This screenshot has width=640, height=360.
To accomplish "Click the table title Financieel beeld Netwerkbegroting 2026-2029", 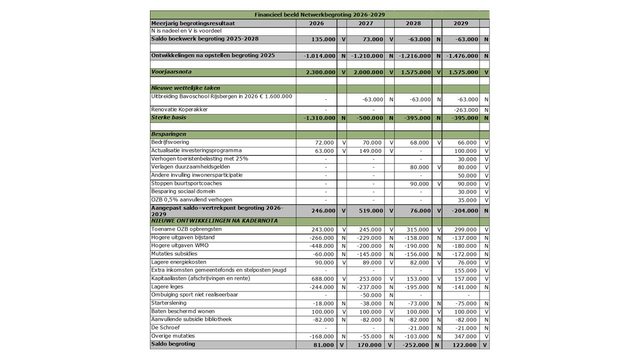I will [x=319, y=15].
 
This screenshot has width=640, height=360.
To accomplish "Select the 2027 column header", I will [x=365, y=23].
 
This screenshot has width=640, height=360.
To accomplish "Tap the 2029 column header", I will [x=460, y=23].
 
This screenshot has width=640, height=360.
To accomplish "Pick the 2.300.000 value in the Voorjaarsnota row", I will [x=320, y=72].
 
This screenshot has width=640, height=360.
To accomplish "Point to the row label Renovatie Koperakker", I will [x=179, y=109].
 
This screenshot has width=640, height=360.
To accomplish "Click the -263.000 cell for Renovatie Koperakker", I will [x=465, y=110].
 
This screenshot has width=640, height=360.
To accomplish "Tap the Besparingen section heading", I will [x=169, y=134].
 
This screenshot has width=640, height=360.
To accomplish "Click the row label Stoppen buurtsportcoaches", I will [x=186, y=183].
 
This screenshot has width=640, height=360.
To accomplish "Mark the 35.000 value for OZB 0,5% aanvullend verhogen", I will [x=467, y=200].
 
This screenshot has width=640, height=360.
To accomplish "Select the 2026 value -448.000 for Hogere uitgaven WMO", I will [x=322, y=246].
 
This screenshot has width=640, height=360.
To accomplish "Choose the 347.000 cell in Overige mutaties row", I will [x=465, y=337].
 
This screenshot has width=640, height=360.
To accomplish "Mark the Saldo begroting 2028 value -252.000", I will [x=415, y=345].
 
